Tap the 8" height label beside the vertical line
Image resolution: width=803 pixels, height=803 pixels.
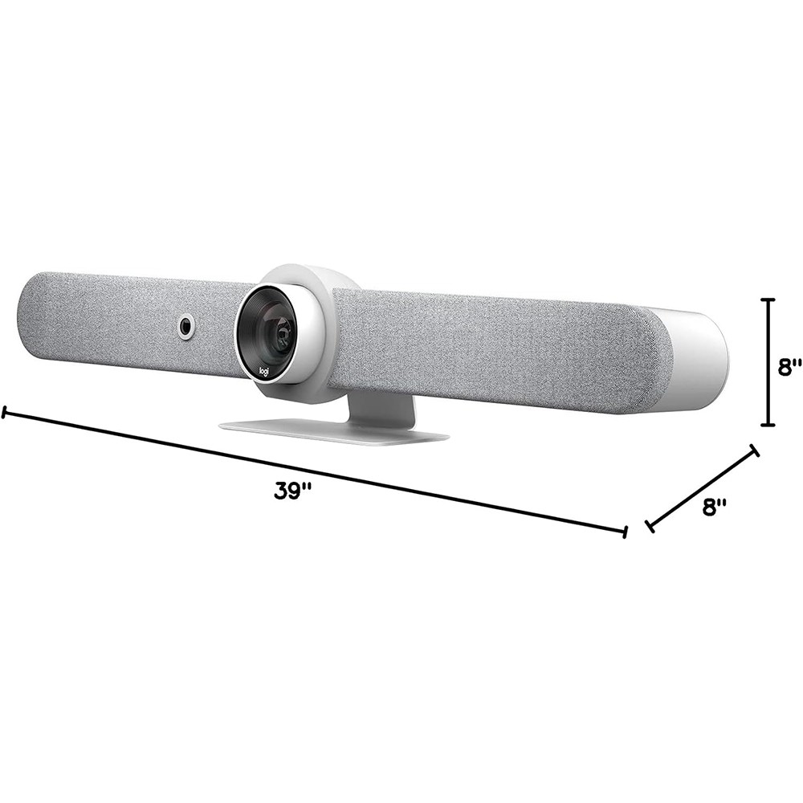click(789, 368)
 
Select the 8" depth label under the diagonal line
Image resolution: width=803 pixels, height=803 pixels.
click(715, 507)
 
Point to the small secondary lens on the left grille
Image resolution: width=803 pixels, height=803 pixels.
click(185, 326)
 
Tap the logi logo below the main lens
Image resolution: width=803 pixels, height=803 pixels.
click(264, 371)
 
